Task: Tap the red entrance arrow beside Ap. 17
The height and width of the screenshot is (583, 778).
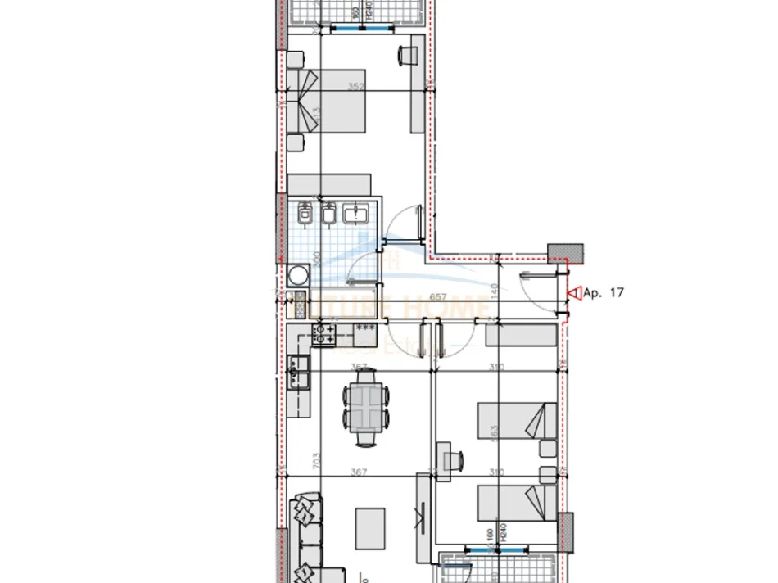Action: [x=572, y=292]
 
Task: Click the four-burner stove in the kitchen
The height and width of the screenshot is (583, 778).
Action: [x=324, y=332]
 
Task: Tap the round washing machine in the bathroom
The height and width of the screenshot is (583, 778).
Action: [x=296, y=275]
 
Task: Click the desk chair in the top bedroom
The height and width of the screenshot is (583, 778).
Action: [x=407, y=54]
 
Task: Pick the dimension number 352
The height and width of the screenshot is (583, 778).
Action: [x=355, y=85]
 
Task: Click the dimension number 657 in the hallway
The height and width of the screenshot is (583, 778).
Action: [x=437, y=297]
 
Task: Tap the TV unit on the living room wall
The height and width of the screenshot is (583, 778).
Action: [x=421, y=516]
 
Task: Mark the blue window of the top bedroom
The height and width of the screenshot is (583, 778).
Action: [x=360, y=29]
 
